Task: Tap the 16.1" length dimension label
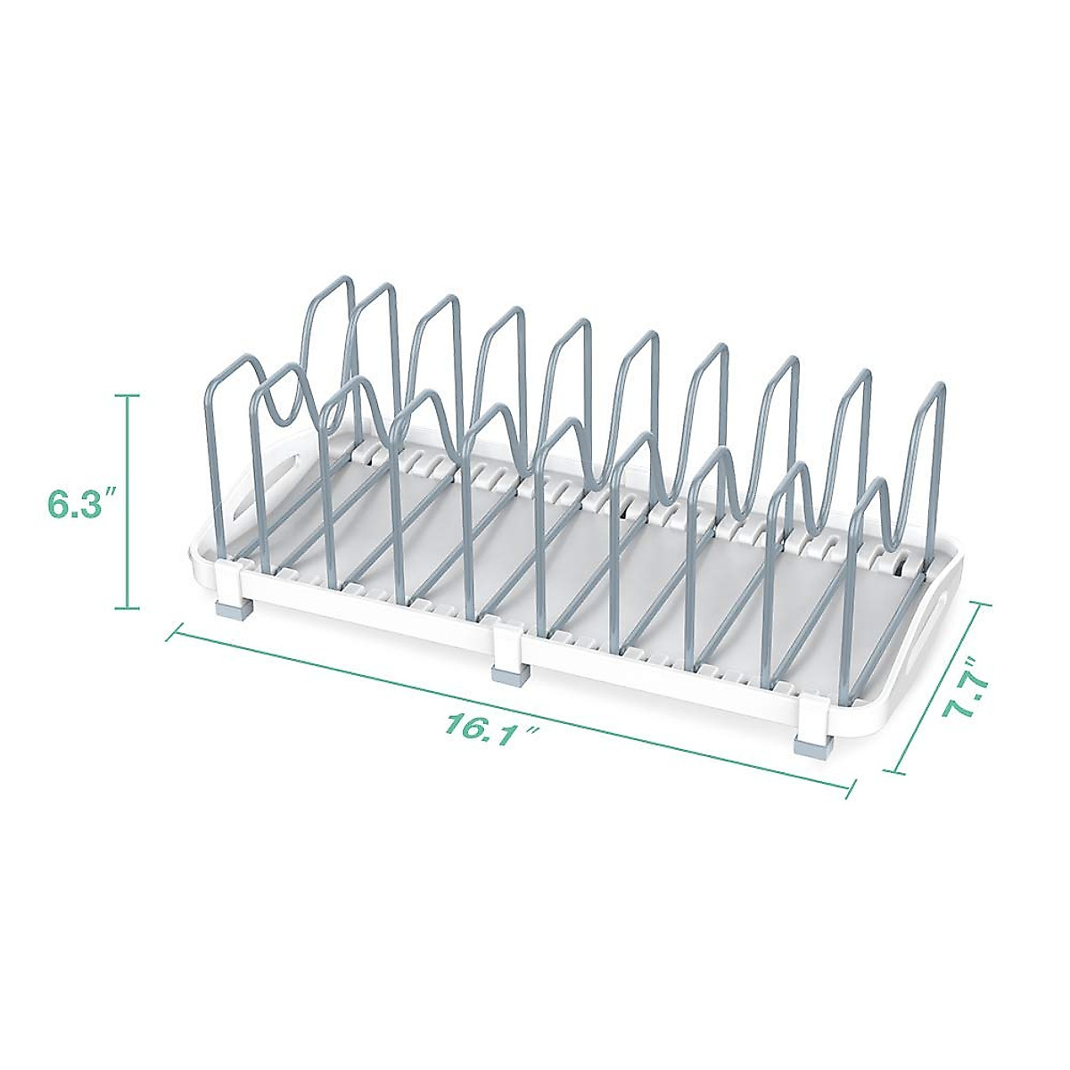[x=492, y=726]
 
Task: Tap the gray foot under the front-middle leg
[x=510, y=676]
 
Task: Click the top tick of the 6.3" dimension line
[x=128, y=395]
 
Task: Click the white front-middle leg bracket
[x=509, y=646]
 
